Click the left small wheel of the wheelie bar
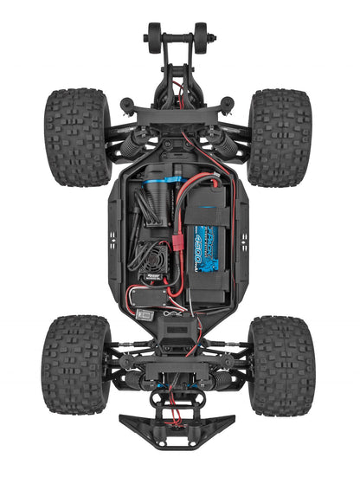click(x=153, y=38)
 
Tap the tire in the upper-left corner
click(x=76, y=135)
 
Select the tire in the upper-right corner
click(x=280, y=137)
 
